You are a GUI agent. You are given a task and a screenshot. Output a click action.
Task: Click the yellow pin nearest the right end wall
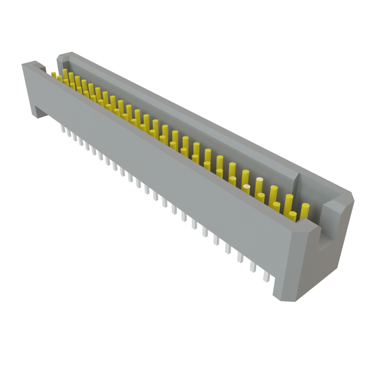point(305,211)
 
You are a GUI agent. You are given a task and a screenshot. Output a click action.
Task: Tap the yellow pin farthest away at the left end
point(54,75)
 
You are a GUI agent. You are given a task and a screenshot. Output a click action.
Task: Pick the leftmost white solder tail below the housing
point(63,129)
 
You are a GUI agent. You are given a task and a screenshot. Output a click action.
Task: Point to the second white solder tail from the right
point(253,266)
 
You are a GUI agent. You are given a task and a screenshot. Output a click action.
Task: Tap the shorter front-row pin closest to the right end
point(292,216)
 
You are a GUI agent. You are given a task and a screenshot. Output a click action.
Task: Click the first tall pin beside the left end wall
point(65,73)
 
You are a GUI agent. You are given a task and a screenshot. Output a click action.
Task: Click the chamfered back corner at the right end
point(349,196)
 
